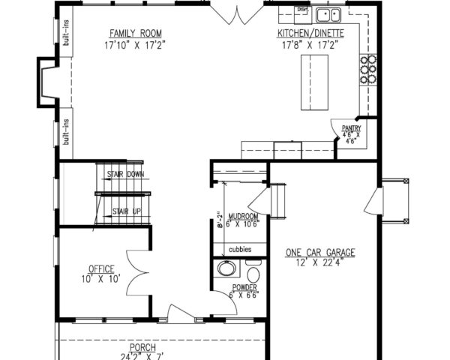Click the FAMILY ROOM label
tap(136, 33)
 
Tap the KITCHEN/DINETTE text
tap(310, 34)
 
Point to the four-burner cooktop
tap(367, 69)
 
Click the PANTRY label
tap(352, 128)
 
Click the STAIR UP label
tap(126, 211)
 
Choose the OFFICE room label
tap(100, 268)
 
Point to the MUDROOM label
tap(243, 214)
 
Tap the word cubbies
tap(240, 249)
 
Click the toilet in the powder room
tap(252, 269)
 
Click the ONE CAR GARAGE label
tap(319, 253)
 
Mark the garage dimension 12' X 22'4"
tap(319, 262)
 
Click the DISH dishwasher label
tap(302, 9)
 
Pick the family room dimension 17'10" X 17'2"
tap(136, 44)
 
